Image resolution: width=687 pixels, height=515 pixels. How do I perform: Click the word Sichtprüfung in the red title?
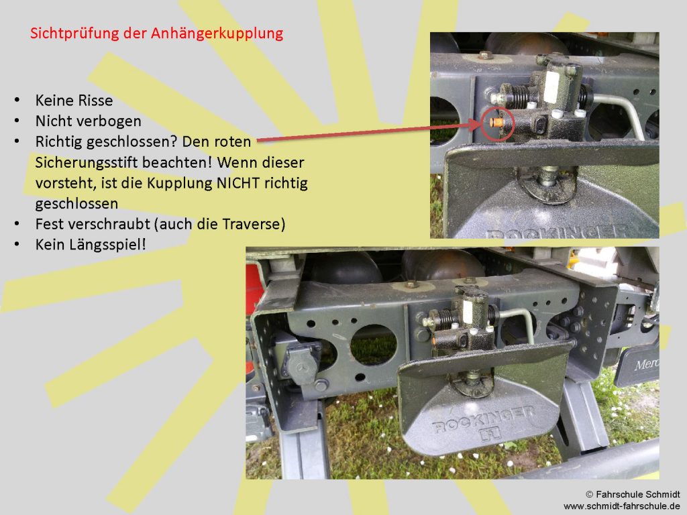click(75, 34)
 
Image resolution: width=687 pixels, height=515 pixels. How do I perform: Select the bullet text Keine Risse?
click(74, 101)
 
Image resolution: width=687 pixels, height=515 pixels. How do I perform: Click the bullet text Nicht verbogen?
click(88, 121)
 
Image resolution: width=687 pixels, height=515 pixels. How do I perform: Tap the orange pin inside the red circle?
click(497, 122)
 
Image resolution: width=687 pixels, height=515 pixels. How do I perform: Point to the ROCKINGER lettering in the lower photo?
click(484, 420)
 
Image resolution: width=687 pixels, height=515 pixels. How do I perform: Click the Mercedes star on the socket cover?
click(302, 367)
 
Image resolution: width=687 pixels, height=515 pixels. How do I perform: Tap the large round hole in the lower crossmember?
click(373, 345)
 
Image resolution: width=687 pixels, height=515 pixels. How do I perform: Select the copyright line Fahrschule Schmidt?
click(633, 494)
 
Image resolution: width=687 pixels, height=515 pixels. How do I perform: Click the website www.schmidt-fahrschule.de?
click(622, 506)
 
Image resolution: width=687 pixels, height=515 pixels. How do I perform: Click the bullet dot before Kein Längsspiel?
click(17, 244)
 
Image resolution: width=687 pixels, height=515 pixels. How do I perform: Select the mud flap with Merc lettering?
click(637, 365)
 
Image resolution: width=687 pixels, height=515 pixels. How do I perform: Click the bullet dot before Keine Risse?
click(17, 100)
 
